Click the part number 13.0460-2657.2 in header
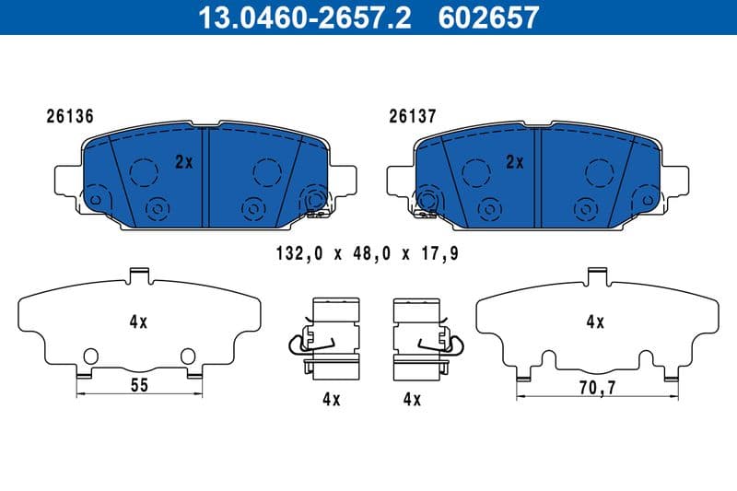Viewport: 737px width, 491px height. coord(292,17)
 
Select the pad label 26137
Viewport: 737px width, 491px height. coord(412,117)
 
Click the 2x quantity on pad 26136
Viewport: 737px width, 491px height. coord(183,162)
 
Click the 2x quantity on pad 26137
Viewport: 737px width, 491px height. coord(514,162)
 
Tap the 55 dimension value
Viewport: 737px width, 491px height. coord(138,385)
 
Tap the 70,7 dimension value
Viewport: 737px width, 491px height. coord(597,389)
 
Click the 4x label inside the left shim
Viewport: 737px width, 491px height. coord(138,322)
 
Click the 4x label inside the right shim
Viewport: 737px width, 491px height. coord(594,322)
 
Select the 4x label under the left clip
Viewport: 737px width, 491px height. coord(332,399)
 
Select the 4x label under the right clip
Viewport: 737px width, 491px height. coord(411,399)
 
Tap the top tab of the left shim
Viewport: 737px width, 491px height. coord(139,274)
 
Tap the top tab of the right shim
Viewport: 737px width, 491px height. coord(596,274)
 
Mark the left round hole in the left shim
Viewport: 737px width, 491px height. coord(89,356)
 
